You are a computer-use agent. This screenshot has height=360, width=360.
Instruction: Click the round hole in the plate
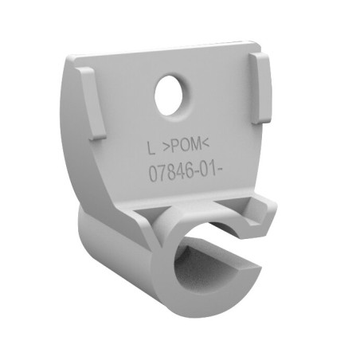pos(169,96)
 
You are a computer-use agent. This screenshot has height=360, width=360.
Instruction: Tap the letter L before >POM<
pos(151,148)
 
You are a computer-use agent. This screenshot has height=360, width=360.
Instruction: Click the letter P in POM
pos(176,146)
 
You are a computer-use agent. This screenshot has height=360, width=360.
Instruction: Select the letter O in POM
pos(185,145)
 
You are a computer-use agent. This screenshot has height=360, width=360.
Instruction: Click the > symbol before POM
pos(166,147)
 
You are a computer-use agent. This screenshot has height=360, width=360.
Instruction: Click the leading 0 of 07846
pos(154,174)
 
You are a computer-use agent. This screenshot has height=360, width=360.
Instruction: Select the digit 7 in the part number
pos(163,173)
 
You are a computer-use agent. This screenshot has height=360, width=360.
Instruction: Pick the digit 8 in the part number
pos(172,172)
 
